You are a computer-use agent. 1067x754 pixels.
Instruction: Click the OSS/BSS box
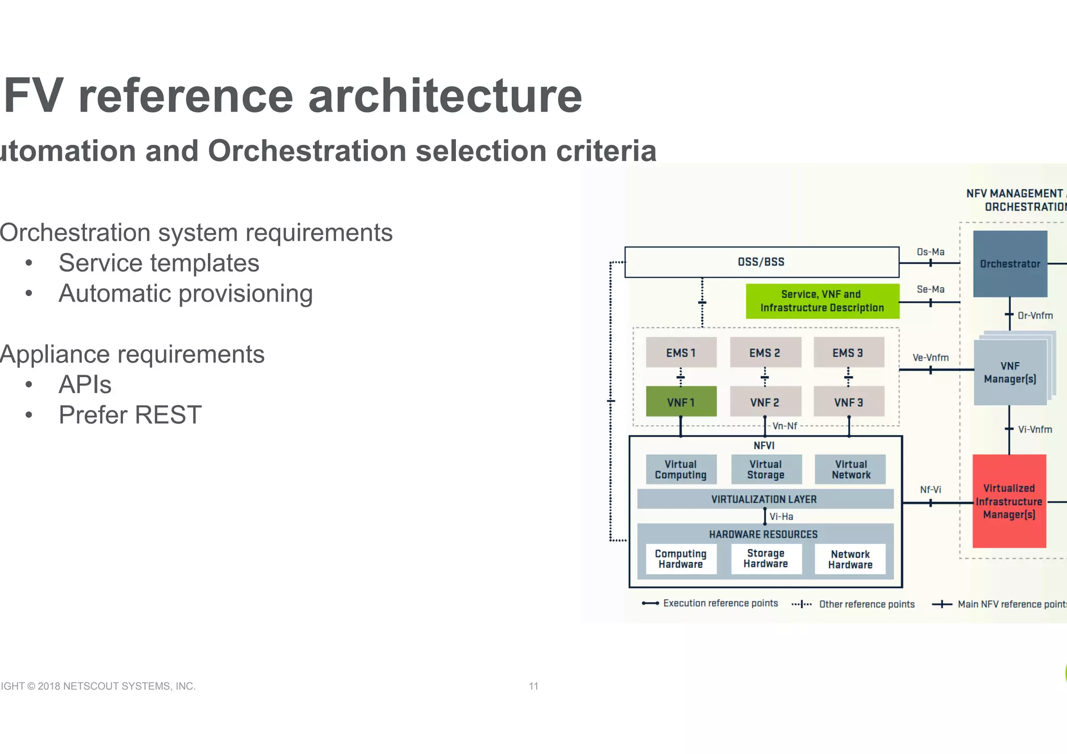tap(761, 262)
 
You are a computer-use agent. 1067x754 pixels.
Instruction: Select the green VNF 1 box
tap(681, 402)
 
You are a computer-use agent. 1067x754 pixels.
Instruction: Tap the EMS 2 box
tap(765, 353)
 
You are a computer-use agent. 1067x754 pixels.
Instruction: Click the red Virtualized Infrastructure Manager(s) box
tap(1009, 501)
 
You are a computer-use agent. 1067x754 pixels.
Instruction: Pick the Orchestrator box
tap(1010, 264)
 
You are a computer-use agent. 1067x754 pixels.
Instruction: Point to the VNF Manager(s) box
tap(1010, 373)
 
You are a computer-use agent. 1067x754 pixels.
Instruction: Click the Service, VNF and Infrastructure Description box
tap(822, 301)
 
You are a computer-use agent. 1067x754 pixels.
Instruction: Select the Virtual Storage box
tap(766, 469)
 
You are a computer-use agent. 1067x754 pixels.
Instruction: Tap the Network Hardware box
tap(850, 560)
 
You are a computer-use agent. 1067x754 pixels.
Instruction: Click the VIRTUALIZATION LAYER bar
tap(764, 499)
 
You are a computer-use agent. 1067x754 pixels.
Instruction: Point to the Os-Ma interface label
tap(930, 252)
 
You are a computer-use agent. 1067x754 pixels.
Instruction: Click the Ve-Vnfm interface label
tap(930, 358)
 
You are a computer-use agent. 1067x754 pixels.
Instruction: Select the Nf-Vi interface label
tap(930, 490)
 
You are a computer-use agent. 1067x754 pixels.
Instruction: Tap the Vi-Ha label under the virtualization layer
tap(781, 517)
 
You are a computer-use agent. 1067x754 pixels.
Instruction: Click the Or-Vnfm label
tap(1035, 316)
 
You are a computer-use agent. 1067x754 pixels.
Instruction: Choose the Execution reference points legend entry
tap(720, 603)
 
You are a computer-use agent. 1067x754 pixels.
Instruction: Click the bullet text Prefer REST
tap(130, 415)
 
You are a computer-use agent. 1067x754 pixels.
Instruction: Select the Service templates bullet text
tap(159, 263)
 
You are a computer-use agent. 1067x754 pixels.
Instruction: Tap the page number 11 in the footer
tap(533, 686)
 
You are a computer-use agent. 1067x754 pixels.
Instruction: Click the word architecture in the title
tap(445, 96)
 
